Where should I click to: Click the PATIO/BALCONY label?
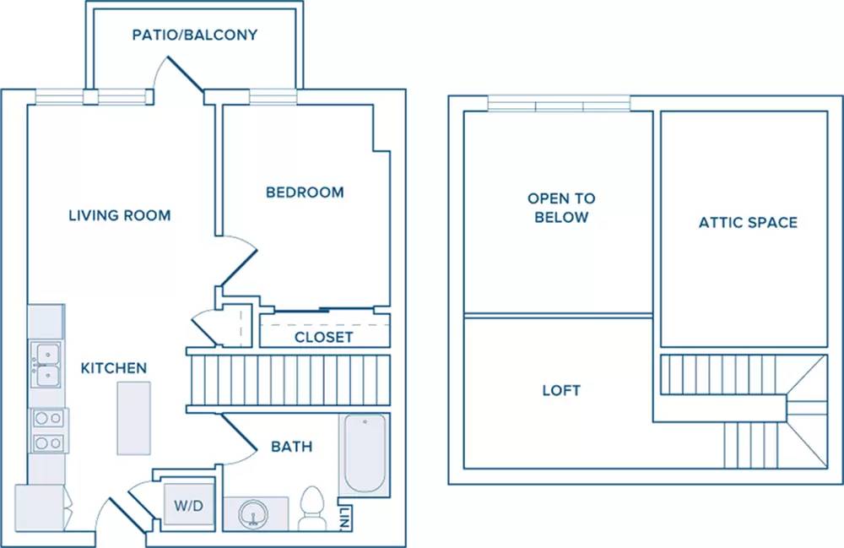(195, 35)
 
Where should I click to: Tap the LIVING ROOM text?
(120, 215)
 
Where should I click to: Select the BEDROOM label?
(305, 193)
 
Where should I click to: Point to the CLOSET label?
(323, 337)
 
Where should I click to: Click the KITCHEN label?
(114, 368)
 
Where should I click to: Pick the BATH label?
(292, 447)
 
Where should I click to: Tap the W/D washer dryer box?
(189, 504)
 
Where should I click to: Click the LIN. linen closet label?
(346, 518)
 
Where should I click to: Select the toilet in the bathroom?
(311, 508)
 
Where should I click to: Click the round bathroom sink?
(253, 514)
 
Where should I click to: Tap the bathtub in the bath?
(365, 453)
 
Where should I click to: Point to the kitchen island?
(134, 418)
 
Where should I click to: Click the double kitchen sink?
(46, 365)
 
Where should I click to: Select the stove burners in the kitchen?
(48, 431)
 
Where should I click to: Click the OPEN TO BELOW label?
(561, 208)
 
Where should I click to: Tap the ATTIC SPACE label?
(748, 222)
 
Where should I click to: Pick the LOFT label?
(561, 390)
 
